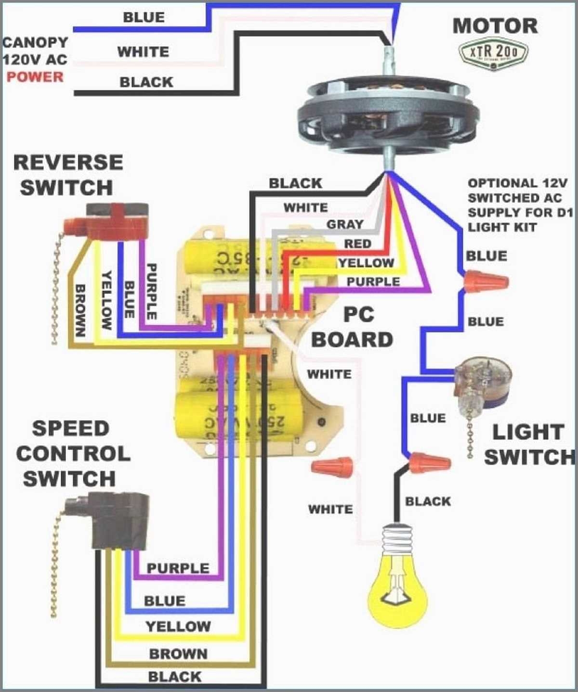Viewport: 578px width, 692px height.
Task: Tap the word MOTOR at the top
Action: tap(495, 26)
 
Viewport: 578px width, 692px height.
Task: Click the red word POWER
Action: tap(35, 77)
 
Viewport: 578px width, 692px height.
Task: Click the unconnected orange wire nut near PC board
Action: tap(332, 466)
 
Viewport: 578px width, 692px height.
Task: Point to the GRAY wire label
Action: tap(345, 224)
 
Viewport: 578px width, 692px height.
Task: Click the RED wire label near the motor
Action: tap(357, 244)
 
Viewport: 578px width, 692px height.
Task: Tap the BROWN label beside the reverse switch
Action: tap(80, 310)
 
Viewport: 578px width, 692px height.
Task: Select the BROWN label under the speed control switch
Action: tap(178, 654)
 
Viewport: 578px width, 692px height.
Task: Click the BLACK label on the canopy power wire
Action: tap(146, 82)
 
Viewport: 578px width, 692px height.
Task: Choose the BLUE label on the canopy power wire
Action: tap(144, 17)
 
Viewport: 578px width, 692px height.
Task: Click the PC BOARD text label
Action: tap(353, 327)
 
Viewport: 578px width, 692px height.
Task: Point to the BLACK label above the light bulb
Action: tap(428, 501)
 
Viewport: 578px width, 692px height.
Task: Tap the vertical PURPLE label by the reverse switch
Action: tap(151, 292)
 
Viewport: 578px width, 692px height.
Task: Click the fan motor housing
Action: tap(388, 115)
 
